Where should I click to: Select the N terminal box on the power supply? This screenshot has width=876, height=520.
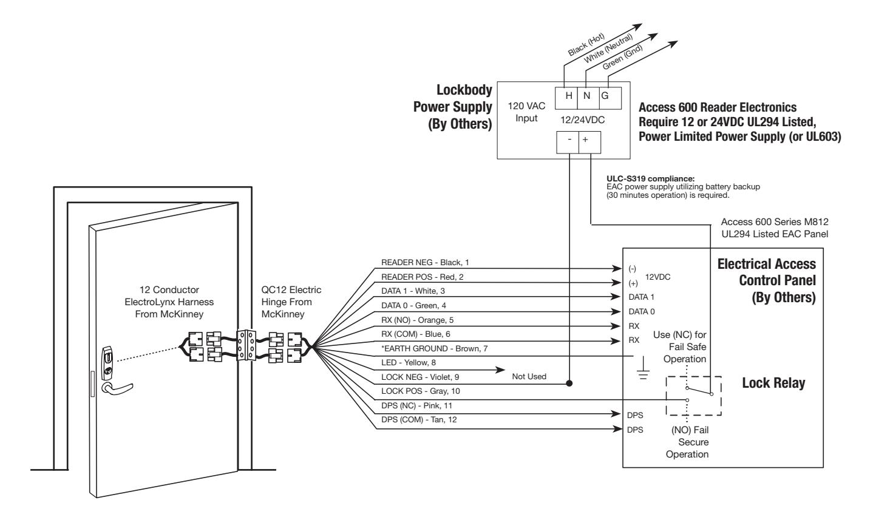coord(588,98)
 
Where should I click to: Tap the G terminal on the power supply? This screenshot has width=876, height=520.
coord(610,98)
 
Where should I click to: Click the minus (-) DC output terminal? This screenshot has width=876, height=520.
coord(568,143)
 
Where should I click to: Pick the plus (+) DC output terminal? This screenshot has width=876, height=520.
coord(589,143)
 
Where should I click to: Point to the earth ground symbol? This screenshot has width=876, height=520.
coord(643,368)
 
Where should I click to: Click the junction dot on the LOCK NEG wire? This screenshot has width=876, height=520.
coord(569,383)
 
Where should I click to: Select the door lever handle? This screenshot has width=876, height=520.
coord(117,388)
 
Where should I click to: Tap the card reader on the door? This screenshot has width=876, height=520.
coord(107,362)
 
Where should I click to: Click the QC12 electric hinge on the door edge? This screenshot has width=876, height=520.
coord(246,345)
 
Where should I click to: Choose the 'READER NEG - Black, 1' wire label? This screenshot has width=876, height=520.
coord(425,262)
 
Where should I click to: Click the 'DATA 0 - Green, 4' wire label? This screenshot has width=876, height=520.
coord(413,305)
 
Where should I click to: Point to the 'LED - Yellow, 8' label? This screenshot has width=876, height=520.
coord(409,362)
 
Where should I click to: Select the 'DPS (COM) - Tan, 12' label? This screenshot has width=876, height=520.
coord(419,419)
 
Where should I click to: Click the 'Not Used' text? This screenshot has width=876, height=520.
coord(529,377)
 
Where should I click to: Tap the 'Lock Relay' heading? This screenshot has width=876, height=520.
coord(773,383)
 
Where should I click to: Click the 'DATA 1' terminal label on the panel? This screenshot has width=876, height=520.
coord(641,297)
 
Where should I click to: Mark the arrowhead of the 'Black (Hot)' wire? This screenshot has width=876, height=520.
coord(637,26)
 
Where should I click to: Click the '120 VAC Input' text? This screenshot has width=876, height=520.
coord(526,112)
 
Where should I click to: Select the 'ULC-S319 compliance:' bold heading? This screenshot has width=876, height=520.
coord(651,179)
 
